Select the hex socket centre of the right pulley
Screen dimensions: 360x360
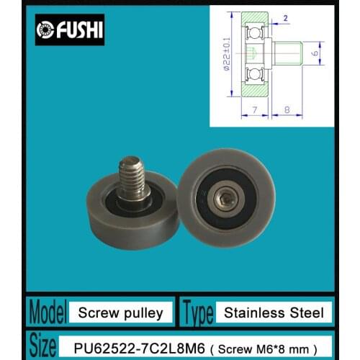pyautogui.click(x=225, y=196)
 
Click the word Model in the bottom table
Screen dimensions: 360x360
pyautogui.click(x=47, y=313)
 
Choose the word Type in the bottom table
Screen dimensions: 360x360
pyautogui.click(x=198, y=313)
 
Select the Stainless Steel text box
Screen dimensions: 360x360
pyautogui.click(x=277, y=313)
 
